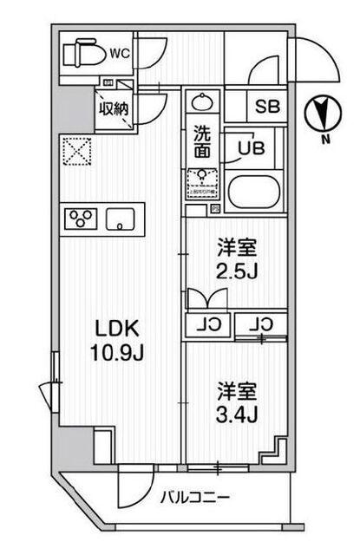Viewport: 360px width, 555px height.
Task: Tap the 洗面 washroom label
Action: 201,142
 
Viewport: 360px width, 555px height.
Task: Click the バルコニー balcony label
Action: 193,498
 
